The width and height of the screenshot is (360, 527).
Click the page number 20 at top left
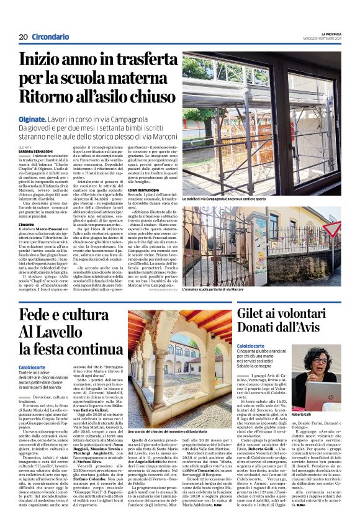click(24, 37)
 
